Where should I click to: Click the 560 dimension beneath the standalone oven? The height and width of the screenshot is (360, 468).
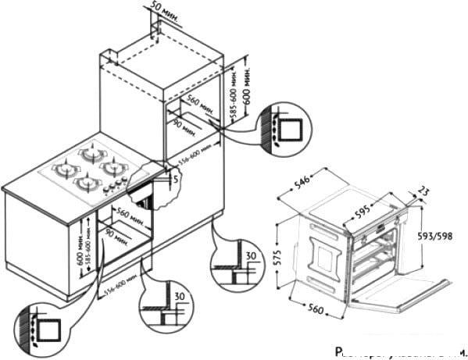(x=311, y=312)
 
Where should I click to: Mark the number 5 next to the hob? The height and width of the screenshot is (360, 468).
(x=177, y=179)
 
